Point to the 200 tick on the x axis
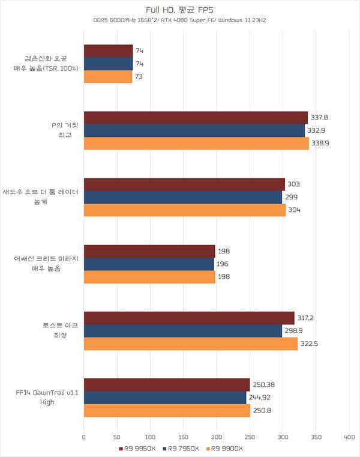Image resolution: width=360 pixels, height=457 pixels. [217, 437]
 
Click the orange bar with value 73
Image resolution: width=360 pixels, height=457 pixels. [108, 77]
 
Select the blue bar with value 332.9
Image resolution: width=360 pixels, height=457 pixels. [194, 130]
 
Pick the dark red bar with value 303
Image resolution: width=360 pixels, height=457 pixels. [184, 184]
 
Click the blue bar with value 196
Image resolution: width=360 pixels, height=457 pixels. [149, 264]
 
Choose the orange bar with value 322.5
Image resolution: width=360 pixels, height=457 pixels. [191, 344]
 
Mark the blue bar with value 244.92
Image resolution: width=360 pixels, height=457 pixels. [165, 398]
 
